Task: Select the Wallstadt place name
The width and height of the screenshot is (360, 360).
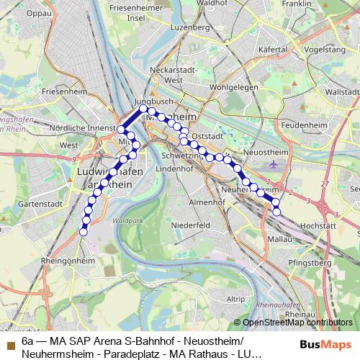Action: tap(342, 92)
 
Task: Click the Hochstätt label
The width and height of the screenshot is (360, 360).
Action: tap(316, 225)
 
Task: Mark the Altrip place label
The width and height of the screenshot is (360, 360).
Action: tap(235, 297)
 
